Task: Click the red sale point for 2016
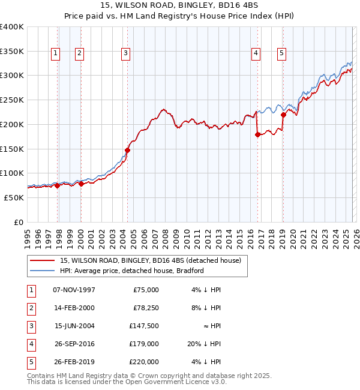coord(257,135)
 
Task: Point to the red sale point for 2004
coord(127,150)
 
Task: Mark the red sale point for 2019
coord(283,115)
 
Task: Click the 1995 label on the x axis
coord(27,233)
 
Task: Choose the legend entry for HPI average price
coord(132,271)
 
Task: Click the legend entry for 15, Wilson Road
coord(150,260)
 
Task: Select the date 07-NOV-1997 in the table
coord(74,290)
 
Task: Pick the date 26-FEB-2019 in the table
coord(74,362)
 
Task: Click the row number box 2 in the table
coord(31,308)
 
